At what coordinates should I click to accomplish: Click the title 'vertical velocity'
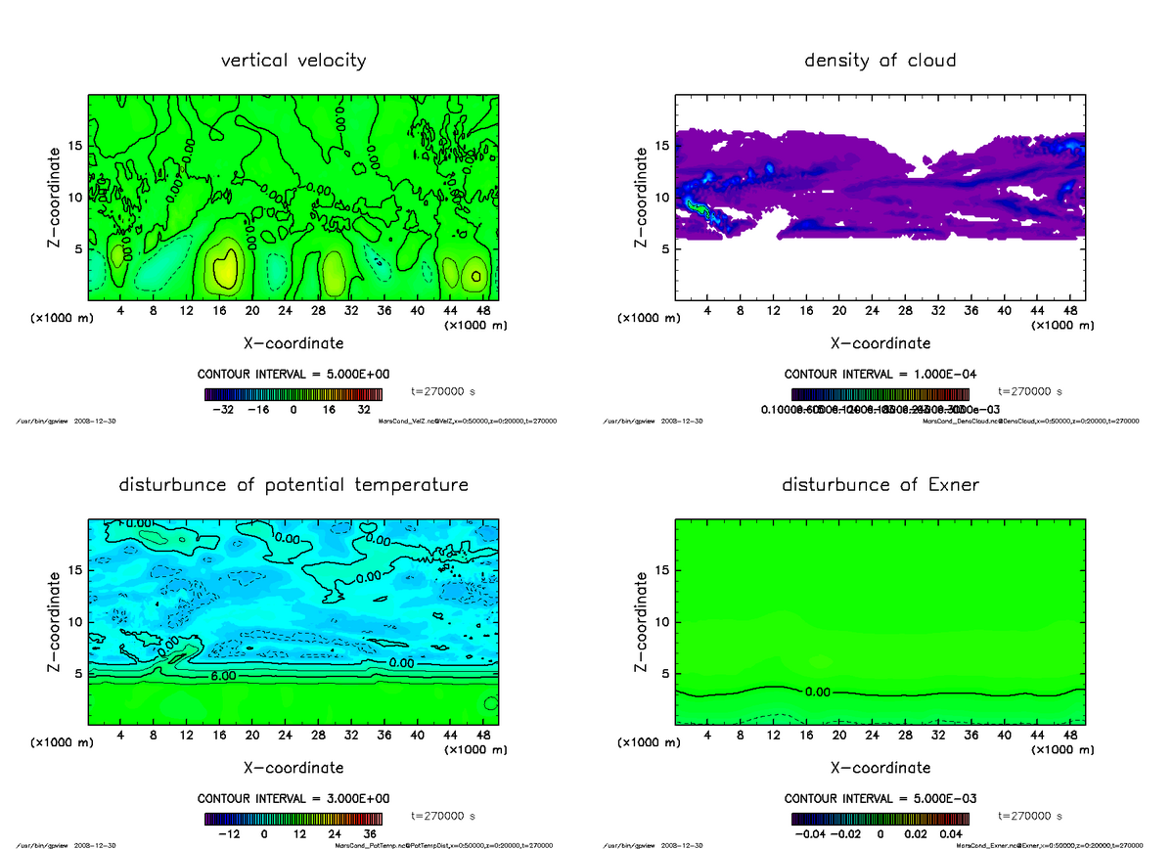click(293, 61)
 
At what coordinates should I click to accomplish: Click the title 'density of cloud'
click(880, 61)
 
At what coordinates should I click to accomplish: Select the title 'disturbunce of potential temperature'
click(293, 485)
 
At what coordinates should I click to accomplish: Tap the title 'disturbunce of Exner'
click(880, 485)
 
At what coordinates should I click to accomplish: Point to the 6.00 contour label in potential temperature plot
click(222, 676)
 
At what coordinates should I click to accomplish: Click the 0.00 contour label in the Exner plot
click(817, 692)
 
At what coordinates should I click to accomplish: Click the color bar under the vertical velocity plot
click(293, 394)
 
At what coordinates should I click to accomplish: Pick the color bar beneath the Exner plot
click(880, 819)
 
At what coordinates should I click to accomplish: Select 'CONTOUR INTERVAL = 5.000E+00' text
click(293, 375)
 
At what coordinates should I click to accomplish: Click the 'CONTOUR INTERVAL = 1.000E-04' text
click(880, 375)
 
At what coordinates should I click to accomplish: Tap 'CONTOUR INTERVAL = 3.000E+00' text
click(293, 799)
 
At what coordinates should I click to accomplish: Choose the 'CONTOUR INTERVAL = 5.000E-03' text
click(880, 799)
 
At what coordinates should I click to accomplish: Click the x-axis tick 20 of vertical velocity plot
click(251, 311)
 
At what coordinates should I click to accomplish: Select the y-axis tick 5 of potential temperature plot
click(78, 673)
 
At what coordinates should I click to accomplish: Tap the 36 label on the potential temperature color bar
click(371, 835)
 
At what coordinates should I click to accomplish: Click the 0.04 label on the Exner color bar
click(951, 835)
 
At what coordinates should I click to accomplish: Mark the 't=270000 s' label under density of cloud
click(1030, 391)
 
